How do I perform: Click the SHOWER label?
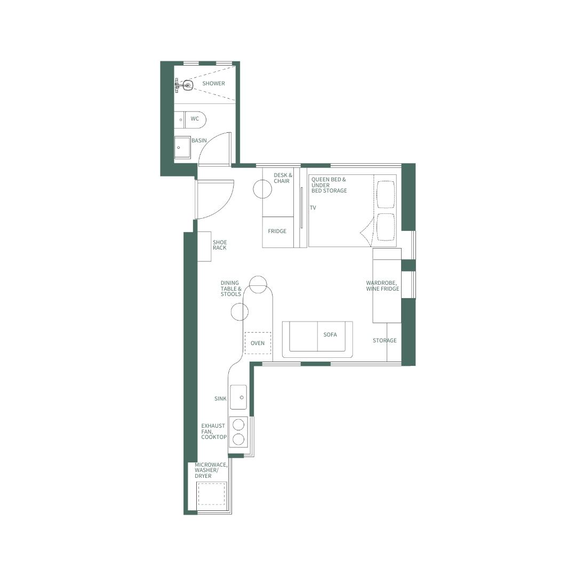point(213,84)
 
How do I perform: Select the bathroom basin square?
point(182,148)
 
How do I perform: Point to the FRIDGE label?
point(277,231)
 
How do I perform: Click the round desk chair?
point(262,189)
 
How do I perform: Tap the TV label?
point(313,208)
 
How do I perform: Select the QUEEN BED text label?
point(329,185)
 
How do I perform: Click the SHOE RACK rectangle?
point(204,247)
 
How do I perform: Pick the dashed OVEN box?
point(258,343)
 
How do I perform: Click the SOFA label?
point(330,335)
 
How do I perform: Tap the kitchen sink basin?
point(238,397)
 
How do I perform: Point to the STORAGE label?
point(385,341)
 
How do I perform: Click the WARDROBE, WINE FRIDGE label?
point(382,286)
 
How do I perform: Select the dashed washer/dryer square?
point(212,494)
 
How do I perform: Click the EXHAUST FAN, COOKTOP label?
point(214,431)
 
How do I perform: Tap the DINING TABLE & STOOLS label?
point(231,289)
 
